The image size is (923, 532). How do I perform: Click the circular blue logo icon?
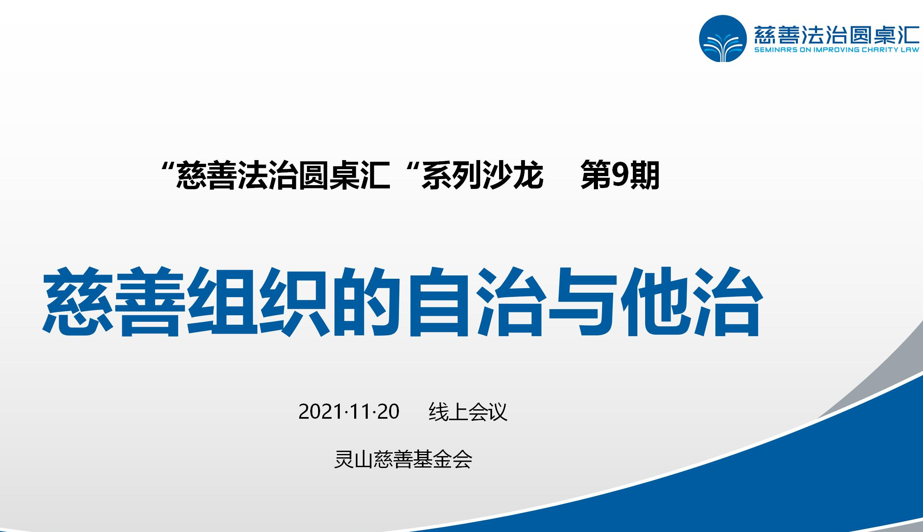(723, 39)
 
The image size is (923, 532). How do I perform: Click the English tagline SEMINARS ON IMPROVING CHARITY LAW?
(837, 50)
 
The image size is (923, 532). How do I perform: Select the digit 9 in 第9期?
(621, 175)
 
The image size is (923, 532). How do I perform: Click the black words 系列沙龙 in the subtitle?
(482, 175)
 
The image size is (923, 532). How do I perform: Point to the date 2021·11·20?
(349, 411)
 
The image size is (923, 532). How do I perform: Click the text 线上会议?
(468, 411)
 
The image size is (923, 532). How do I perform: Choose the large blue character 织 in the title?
(295, 302)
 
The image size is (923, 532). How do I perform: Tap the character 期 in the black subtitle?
(645, 175)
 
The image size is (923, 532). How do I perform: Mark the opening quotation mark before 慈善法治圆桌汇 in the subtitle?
(167, 167)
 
